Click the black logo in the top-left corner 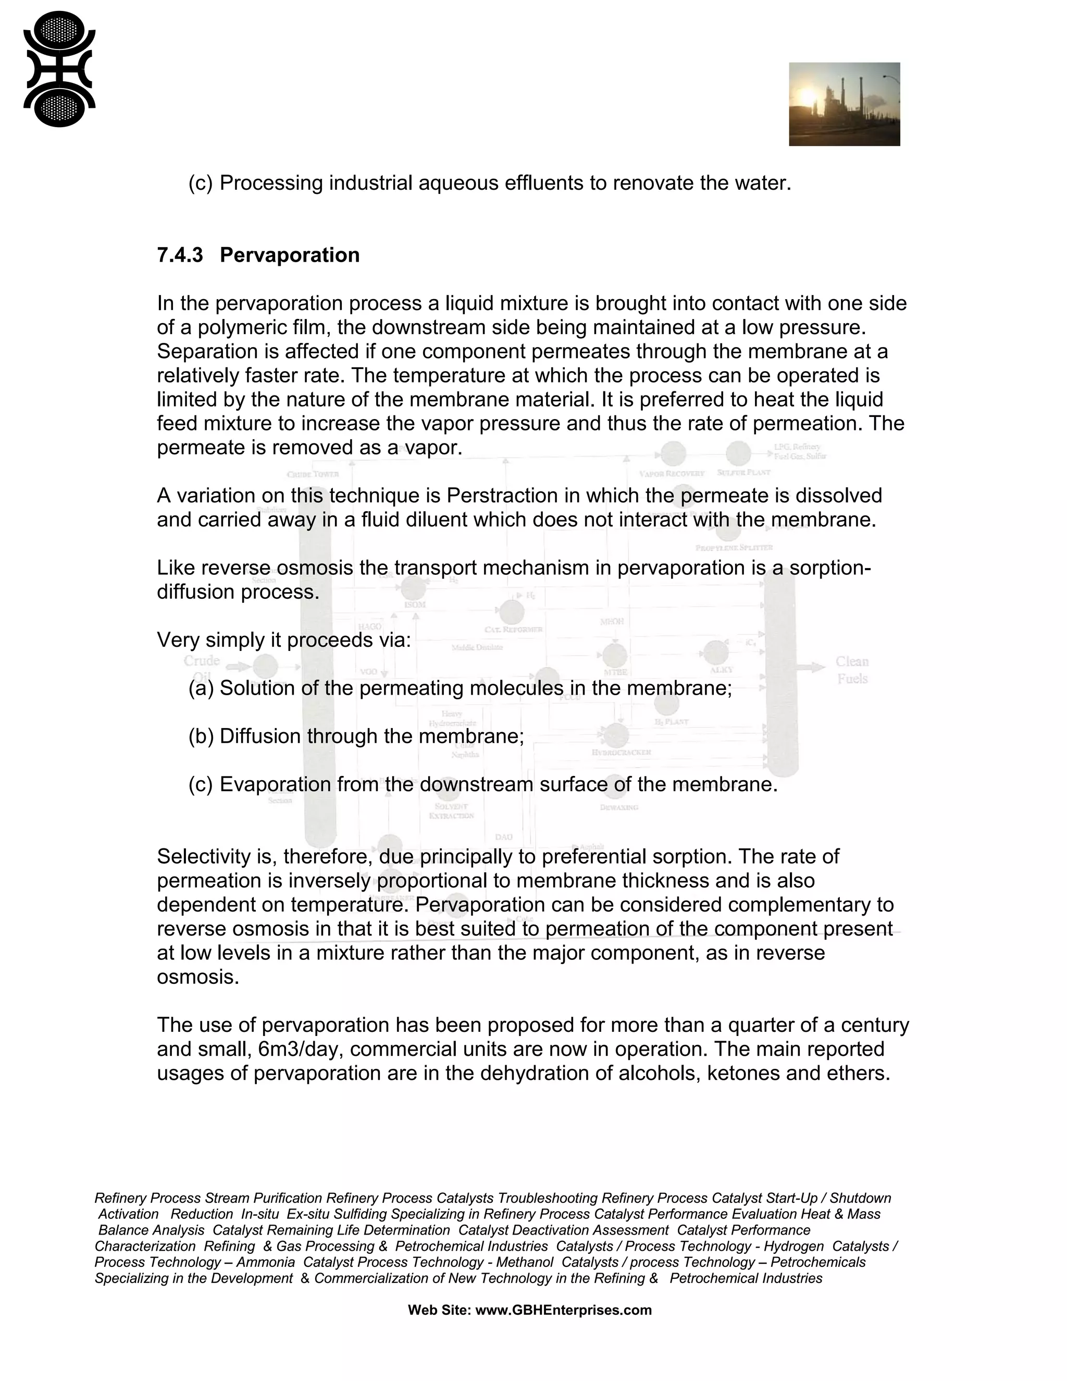pyautogui.click(x=59, y=69)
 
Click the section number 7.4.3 pyautogui.click(x=180, y=255)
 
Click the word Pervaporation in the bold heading pyautogui.click(x=290, y=255)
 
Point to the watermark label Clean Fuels pyautogui.click(x=851, y=670)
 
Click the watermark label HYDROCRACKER pyautogui.click(x=621, y=753)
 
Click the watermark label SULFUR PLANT pyautogui.click(x=743, y=472)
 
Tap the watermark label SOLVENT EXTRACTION pyautogui.click(x=451, y=811)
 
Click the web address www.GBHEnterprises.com pyautogui.click(x=563, y=1310)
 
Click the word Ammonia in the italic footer pyautogui.click(x=266, y=1262)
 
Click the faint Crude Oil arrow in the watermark pyautogui.click(x=238, y=667)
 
